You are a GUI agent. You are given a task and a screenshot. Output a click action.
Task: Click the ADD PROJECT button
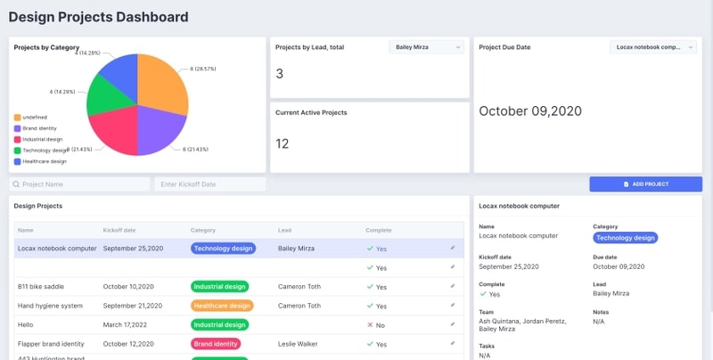tap(645, 184)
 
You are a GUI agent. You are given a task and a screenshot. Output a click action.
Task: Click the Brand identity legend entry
tap(39, 128)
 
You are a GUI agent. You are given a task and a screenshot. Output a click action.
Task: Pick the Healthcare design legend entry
tap(44, 161)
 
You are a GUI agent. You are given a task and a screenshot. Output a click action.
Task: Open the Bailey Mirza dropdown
tap(427, 47)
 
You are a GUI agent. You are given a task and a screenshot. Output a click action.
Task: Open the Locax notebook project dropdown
tap(653, 47)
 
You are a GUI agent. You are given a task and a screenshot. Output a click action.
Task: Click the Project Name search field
tap(80, 184)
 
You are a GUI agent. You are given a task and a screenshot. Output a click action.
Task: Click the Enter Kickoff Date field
tap(210, 184)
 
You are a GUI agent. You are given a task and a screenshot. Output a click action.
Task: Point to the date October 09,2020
tap(530, 111)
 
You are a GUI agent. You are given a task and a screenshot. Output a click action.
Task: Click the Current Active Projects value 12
tap(282, 143)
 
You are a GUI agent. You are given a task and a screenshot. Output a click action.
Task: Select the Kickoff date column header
tap(119, 230)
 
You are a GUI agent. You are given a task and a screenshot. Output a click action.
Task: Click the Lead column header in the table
tap(285, 230)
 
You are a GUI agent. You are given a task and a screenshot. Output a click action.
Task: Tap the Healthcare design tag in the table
tap(222, 305)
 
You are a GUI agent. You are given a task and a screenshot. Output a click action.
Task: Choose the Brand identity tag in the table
tap(216, 343)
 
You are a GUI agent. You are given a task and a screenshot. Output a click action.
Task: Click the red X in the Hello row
tap(370, 324)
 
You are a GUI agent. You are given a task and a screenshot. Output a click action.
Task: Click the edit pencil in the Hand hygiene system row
tap(452, 305)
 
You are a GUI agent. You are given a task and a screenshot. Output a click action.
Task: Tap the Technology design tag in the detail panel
tap(625, 238)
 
